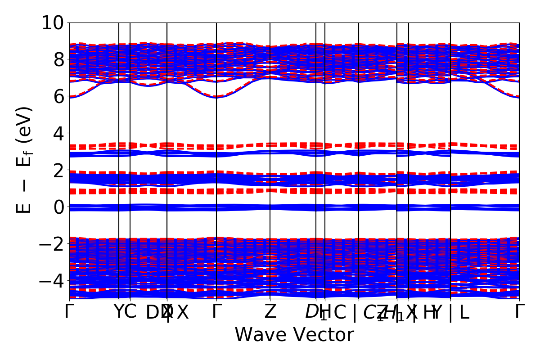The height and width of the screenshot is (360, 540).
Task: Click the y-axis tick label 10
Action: (x=54, y=22)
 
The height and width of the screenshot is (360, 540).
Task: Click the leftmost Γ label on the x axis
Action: (x=69, y=311)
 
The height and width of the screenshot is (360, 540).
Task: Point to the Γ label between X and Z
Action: (x=216, y=311)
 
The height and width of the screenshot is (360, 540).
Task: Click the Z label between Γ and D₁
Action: (x=270, y=311)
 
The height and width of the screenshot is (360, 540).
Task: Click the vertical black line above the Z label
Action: (x=270, y=180)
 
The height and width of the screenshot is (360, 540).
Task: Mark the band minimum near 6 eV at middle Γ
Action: (x=216, y=97)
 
